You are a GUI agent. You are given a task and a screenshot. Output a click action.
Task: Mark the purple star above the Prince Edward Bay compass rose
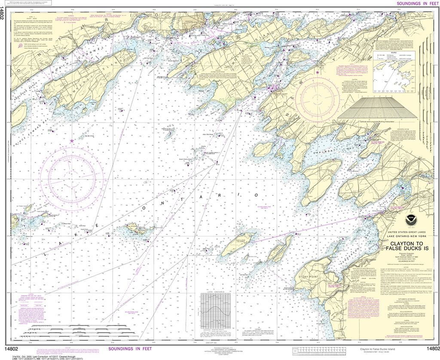(x=72, y=140)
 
